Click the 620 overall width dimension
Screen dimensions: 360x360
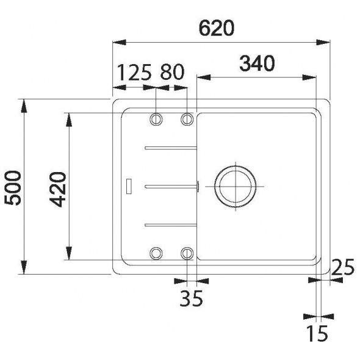click(x=217, y=28)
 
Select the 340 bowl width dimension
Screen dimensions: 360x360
click(x=257, y=63)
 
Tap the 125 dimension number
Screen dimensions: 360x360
click(x=134, y=73)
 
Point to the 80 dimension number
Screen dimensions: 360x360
click(x=172, y=72)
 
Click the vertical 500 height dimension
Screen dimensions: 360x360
click(x=13, y=187)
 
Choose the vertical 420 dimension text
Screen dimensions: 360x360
click(x=57, y=189)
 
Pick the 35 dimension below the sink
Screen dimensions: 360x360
click(x=191, y=298)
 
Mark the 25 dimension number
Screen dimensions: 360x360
click(x=343, y=267)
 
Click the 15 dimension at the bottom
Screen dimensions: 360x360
click(x=317, y=333)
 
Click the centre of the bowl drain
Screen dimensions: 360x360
click(x=236, y=186)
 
